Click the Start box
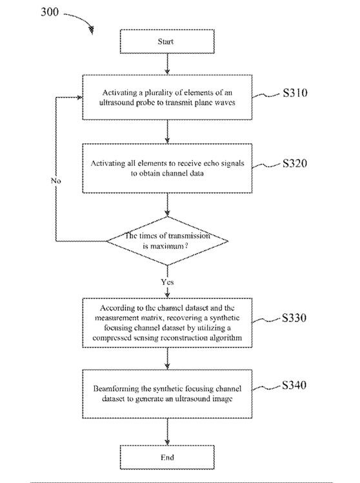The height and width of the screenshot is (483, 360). (x=167, y=41)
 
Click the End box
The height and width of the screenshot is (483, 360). (x=167, y=457)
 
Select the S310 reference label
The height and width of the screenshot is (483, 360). (x=295, y=93)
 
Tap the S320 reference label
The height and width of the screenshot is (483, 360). (x=295, y=163)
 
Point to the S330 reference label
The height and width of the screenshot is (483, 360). (x=294, y=318)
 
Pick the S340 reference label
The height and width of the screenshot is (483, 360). (x=294, y=385)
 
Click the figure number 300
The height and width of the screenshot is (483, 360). (x=50, y=12)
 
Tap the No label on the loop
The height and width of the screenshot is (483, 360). (x=56, y=181)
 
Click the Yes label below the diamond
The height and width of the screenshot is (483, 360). (x=167, y=282)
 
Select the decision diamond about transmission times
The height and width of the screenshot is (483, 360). (x=167, y=241)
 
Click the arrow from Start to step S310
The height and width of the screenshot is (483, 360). (x=167, y=64)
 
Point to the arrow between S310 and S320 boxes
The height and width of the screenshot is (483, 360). (x=167, y=132)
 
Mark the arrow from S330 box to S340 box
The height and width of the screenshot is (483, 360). (x=167, y=358)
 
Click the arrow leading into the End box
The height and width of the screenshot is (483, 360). (x=167, y=431)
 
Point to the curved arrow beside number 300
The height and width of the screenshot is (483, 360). (x=79, y=21)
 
